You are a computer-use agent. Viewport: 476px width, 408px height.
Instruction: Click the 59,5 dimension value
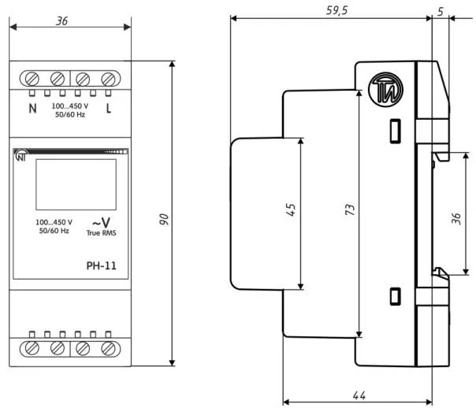pos(337,10)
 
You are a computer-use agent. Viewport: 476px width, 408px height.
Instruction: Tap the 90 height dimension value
pos(164,219)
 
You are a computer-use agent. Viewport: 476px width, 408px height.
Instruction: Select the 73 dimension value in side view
pos(350,210)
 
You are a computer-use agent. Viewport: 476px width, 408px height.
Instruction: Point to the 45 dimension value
pos(291,210)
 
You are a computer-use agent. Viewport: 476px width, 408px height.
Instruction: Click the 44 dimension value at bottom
pos(359,395)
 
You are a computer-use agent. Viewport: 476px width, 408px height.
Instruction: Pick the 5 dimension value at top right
pos(441,12)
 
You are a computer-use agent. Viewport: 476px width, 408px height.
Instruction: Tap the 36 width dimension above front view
pos(61,21)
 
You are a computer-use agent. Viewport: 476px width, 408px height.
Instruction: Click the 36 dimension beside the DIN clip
pos(456,218)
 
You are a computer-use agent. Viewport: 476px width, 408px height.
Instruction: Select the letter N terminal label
pos(32,108)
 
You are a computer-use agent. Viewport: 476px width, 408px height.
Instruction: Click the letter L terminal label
pos(109,108)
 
